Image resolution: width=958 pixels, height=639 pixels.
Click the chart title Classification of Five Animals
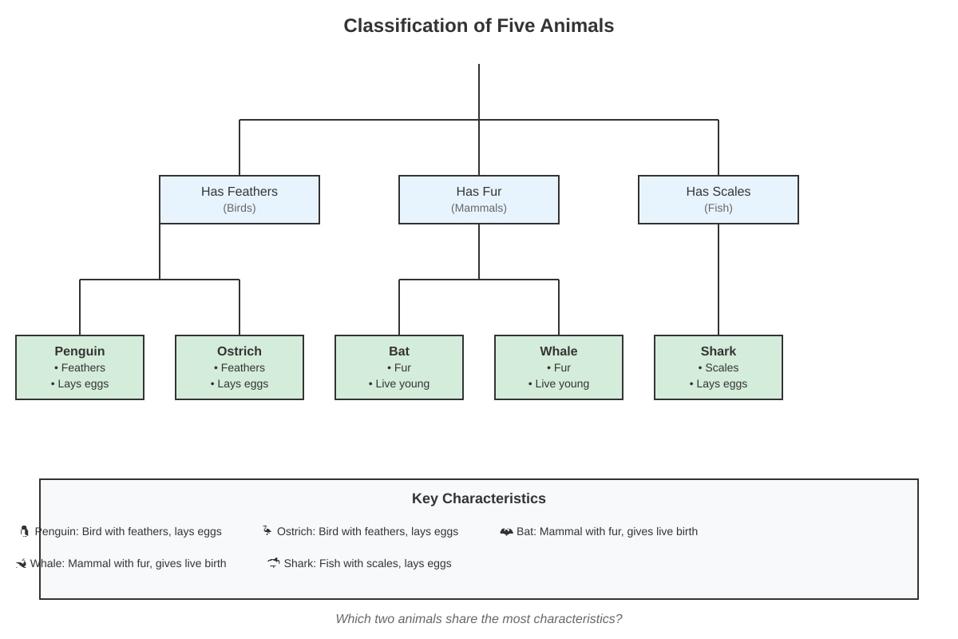[478, 26]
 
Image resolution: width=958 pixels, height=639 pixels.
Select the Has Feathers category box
[239, 200]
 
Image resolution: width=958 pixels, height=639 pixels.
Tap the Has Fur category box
[479, 200]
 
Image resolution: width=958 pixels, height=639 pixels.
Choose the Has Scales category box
[718, 200]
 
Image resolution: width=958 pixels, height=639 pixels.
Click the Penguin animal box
[80, 367]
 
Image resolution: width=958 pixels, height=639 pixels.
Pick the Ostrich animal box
[239, 367]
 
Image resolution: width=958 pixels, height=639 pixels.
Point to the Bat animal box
[399, 367]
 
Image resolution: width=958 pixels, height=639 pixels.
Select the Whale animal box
[559, 367]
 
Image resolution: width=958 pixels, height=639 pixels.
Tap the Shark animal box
[718, 367]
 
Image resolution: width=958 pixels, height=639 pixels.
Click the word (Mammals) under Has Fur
[479, 208]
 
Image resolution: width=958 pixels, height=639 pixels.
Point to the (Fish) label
[718, 208]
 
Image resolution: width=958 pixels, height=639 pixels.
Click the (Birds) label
[239, 208]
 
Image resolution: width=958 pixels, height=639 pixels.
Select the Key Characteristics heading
[478, 498]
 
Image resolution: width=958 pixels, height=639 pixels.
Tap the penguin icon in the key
[25, 531]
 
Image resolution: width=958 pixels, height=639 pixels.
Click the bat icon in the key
[506, 532]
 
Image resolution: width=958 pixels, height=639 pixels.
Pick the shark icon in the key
[274, 563]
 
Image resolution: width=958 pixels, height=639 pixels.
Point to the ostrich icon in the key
[267, 530]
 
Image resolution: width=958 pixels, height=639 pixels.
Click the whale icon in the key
[22, 564]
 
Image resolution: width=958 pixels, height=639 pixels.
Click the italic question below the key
[478, 619]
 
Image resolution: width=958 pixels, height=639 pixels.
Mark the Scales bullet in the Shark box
[718, 367]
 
